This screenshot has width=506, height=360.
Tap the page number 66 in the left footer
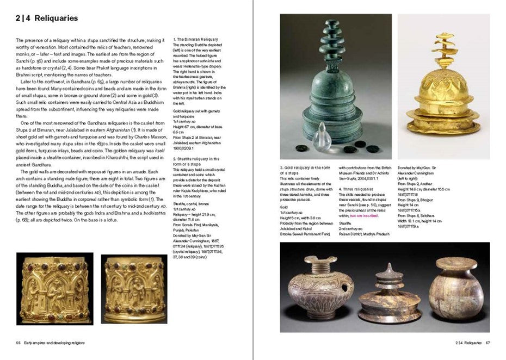pyautogui.click(x=18, y=343)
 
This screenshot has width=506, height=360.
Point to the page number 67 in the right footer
pyautogui.click(x=488, y=343)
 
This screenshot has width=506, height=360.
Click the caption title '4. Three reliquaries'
pyautogui.click(x=357, y=189)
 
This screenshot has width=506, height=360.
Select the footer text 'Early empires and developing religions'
pyautogui.click(x=54, y=343)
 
